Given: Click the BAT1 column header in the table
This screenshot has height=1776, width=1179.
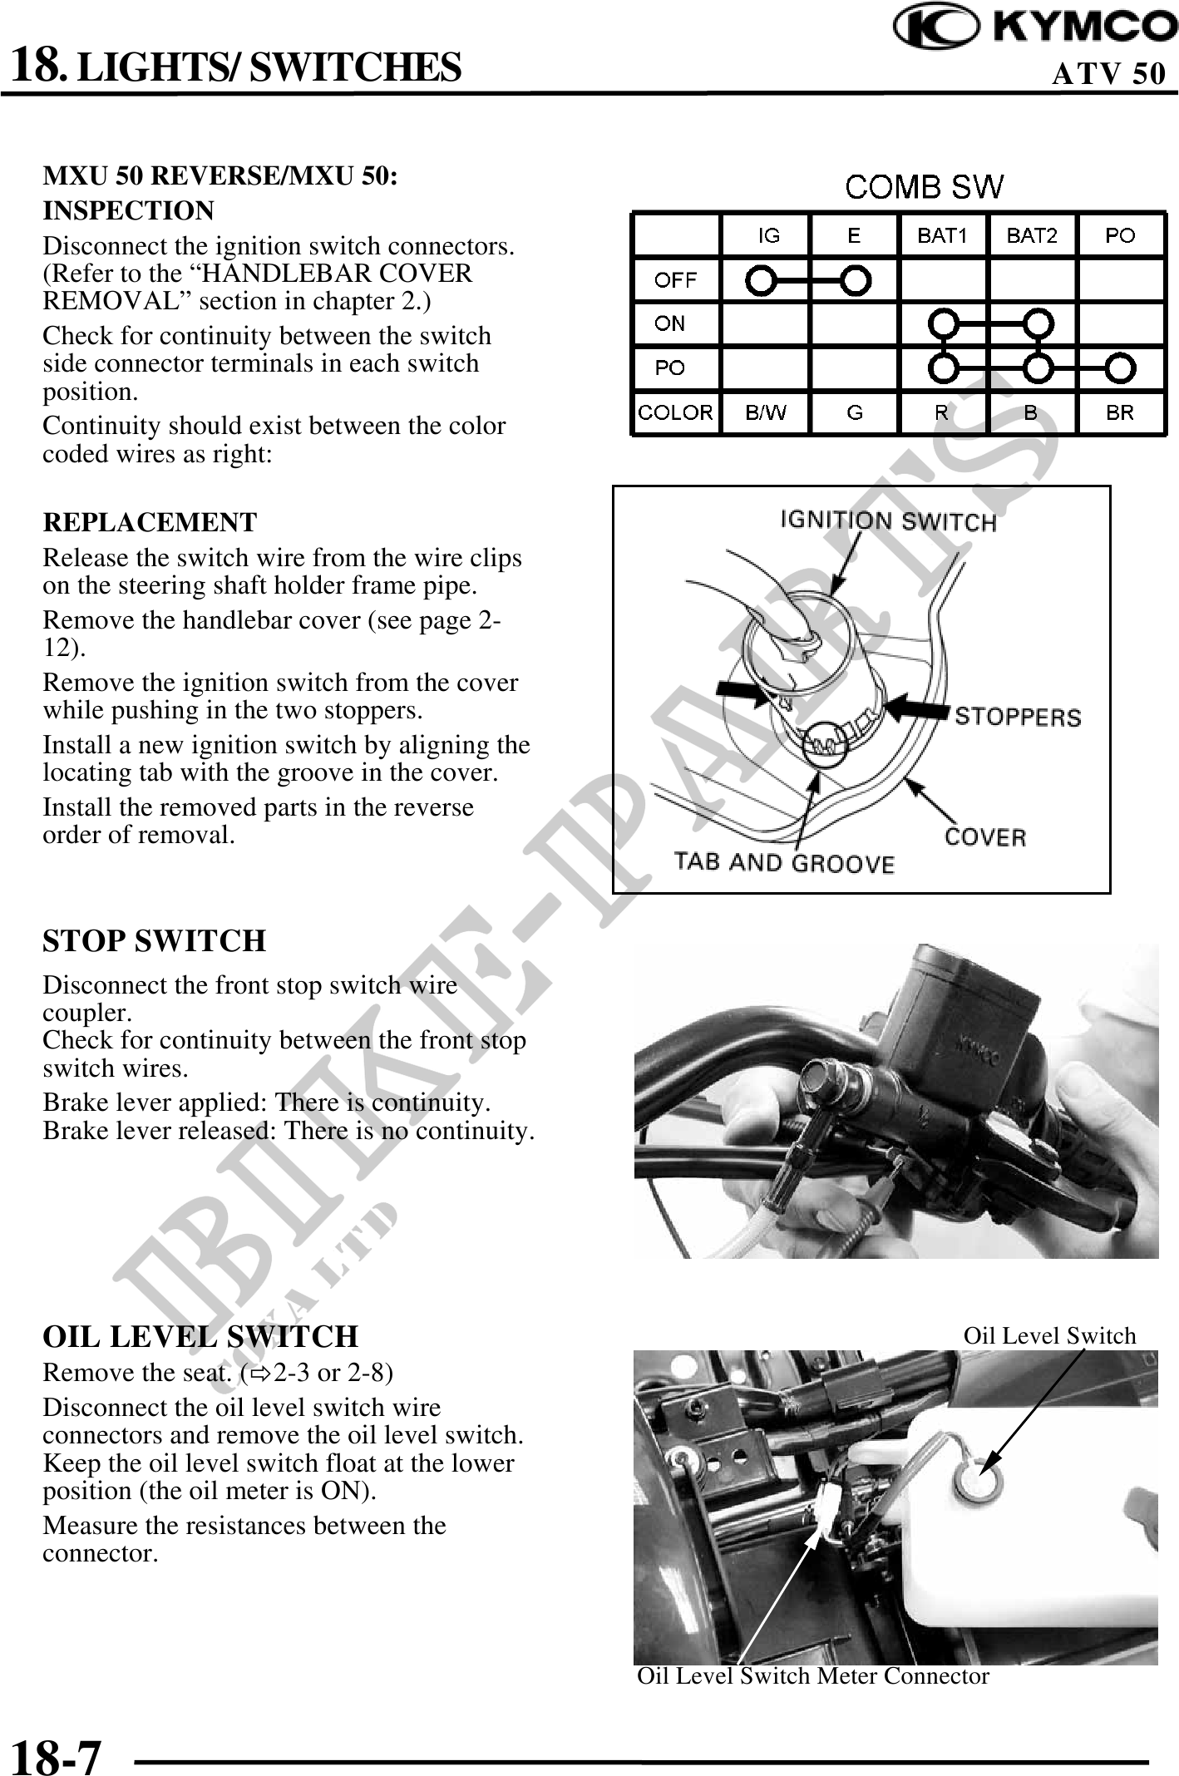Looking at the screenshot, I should click(942, 235).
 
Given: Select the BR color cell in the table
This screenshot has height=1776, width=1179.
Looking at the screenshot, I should click(1120, 412).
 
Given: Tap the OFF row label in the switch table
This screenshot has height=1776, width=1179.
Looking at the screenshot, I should click(675, 280).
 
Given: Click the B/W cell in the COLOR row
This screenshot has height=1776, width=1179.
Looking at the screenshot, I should click(765, 412).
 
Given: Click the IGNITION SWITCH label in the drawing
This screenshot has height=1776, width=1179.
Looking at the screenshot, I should click(887, 521).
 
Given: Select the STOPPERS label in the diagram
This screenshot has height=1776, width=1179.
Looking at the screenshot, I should click(1018, 716).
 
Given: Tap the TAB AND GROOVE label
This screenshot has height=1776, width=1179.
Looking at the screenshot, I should click(783, 862).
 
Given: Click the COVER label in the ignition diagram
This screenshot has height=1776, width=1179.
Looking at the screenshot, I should click(985, 836).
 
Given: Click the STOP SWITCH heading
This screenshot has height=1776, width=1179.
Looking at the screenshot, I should click(155, 941).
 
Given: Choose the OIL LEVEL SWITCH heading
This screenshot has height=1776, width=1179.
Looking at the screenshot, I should click(200, 1336).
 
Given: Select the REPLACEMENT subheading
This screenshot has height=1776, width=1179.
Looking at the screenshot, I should click(150, 522).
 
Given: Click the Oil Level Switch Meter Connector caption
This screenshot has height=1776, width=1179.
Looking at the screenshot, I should click(812, 1675).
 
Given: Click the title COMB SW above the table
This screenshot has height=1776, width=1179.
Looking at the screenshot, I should click(924, 187).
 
